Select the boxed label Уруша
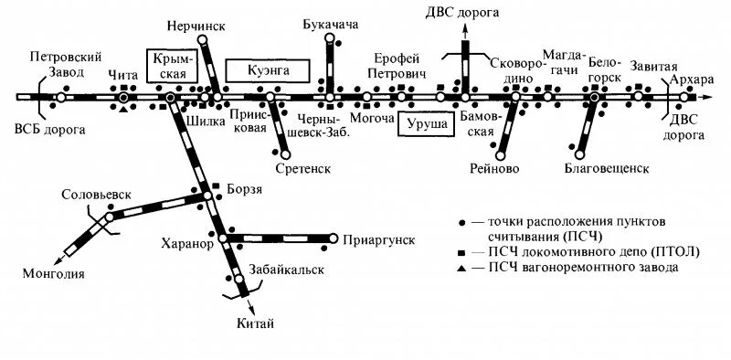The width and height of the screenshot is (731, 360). [427, 122]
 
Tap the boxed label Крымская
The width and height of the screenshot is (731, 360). [171, 64]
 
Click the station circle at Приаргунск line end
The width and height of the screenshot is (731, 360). [331, 239]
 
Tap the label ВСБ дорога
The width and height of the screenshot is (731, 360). [50, 129]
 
